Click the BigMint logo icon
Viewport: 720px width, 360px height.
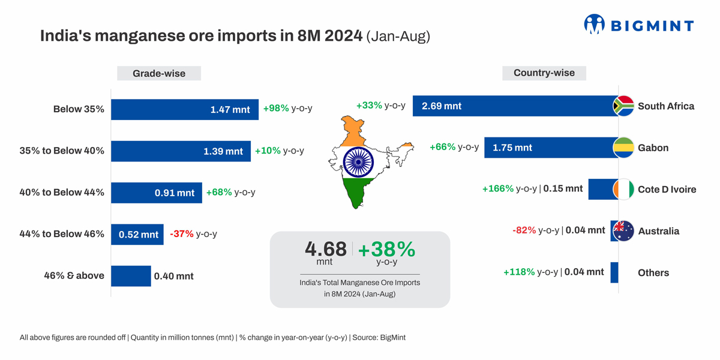594,24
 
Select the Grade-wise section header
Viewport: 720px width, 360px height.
159,74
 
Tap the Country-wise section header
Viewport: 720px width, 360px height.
544,73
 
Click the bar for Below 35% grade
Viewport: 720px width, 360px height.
184,110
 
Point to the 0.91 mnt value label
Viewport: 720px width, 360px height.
175,193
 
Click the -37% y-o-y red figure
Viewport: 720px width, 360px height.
182,234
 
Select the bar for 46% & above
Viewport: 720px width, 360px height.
131,276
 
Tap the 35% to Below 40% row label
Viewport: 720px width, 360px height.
62,151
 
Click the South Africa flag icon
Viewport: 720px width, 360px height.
623,106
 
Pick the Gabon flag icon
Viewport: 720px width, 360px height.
623,148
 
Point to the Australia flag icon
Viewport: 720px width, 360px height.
623,231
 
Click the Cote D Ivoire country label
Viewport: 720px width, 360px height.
667,190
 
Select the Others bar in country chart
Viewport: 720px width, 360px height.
614,272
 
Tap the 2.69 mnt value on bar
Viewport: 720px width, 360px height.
442,106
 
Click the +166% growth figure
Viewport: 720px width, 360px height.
497,189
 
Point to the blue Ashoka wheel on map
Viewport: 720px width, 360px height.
358,161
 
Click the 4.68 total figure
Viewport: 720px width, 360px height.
326,249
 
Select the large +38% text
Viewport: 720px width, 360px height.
386,249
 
